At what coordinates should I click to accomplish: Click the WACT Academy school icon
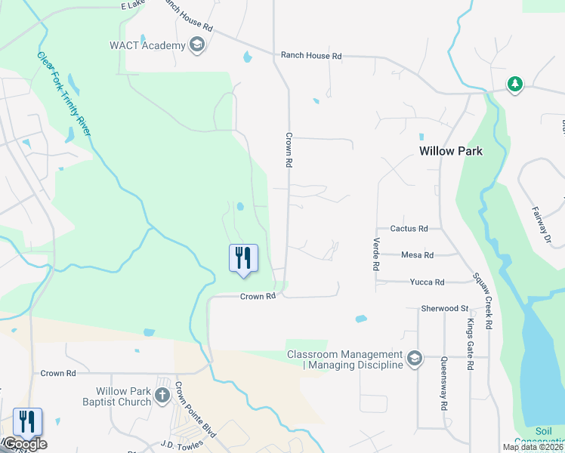[197, 45]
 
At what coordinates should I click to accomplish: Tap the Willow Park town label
[451, 151]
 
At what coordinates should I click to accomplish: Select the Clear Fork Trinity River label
[64, 94]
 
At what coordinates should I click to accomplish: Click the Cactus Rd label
[409, 228]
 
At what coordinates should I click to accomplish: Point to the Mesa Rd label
[417, 255]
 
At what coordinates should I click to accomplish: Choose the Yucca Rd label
[427, 282]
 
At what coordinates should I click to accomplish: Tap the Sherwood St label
[445, 308]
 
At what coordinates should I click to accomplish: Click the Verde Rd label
[375, 254]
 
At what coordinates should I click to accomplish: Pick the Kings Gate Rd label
[470, 344]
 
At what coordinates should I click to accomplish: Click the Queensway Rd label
[444, 381]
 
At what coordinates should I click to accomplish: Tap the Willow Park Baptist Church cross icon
[162, 395]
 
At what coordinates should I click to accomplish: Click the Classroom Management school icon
[414, 359]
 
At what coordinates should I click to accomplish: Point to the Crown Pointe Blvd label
[196, 410]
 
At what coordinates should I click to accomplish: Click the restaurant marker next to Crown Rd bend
[243, 257]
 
